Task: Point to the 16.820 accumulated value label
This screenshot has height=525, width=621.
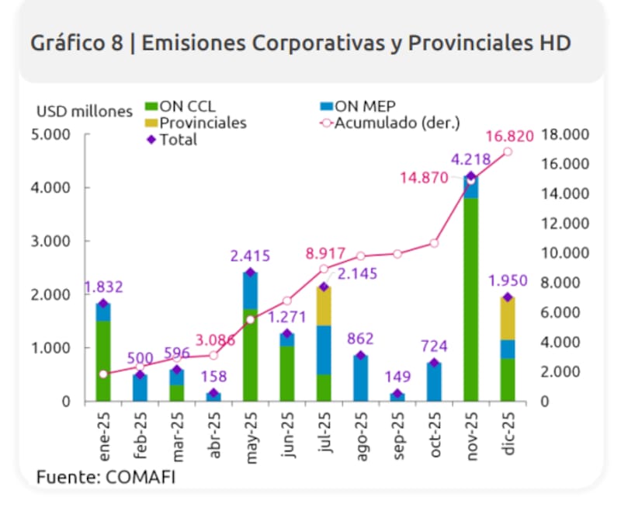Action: coord(509,137)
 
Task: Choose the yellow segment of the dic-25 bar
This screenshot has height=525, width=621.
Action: coord(508,318)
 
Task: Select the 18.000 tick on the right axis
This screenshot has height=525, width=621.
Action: coord(565,134)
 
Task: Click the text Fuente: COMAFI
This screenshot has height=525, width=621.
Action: coord(106,477)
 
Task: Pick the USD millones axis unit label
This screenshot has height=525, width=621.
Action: coord(85,111)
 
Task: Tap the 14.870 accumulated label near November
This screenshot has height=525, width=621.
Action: coord(425,178)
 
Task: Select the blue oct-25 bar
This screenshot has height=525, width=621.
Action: coord(434,382)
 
